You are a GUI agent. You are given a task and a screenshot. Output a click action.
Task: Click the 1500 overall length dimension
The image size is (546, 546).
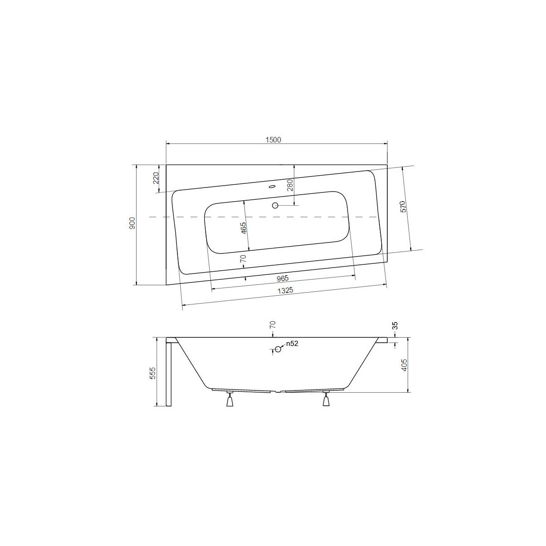[x=273, y=140]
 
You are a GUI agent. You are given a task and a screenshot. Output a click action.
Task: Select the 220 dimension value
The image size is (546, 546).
[x=156, y=178]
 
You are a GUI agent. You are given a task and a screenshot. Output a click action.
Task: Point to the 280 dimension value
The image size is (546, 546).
[x=290, y=185]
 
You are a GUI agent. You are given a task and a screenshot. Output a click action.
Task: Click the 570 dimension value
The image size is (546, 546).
[x=404, y=206]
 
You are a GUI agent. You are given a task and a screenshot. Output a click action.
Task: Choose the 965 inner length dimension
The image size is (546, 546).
[x=283, y=278]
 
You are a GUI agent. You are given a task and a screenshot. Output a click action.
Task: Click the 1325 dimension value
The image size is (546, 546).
[x=285, y=290]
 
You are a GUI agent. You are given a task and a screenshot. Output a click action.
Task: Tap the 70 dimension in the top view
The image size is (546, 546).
[x=243, y=258]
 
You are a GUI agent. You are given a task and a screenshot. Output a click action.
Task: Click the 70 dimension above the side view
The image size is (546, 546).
[x=273, y=325]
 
